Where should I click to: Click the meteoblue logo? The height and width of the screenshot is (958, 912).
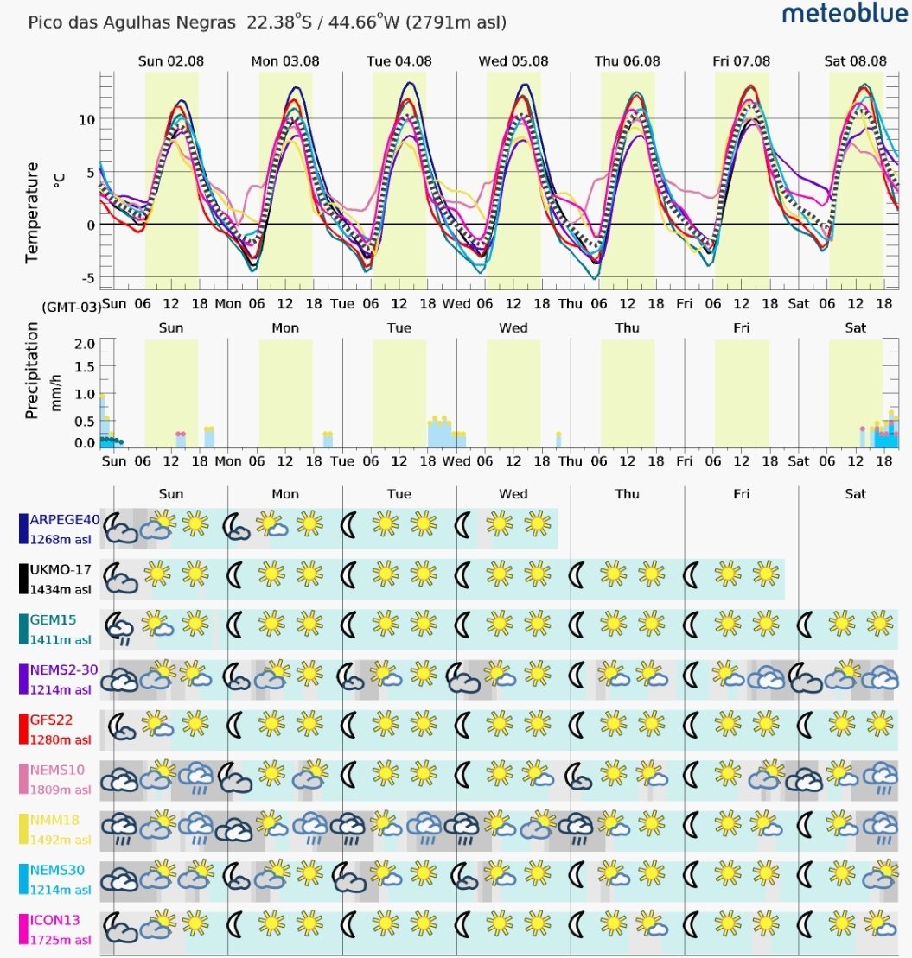[845, 13]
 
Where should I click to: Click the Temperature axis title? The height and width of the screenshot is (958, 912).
[33, 213]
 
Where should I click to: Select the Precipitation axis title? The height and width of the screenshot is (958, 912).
[33, 371]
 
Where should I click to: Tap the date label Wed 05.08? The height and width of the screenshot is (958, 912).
[513, 61]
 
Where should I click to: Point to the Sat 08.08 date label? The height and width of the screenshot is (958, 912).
[855, 61]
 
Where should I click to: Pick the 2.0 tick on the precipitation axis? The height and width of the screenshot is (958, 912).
[85, 343]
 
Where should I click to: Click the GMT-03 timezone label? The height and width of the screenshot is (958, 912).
[72, 307]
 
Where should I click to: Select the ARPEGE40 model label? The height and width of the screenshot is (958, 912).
[64, 520]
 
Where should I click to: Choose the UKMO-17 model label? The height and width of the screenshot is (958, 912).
[61, 570]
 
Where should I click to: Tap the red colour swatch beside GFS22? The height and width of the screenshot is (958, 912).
[23, 729]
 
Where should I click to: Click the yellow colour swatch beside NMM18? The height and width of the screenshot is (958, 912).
[23, 829]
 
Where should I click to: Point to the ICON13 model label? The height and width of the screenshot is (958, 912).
[55, 920]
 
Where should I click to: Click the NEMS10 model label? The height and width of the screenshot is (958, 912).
[57, 770]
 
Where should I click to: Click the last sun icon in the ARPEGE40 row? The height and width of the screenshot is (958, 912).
[538, 523]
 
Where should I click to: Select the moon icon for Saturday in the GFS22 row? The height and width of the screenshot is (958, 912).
[806, 725]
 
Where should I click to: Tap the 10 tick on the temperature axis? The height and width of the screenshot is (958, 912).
[87, 120]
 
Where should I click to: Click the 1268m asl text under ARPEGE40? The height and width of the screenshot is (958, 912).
[61, 540]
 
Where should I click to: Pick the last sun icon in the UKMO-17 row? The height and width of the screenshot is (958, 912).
[766, 574]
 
